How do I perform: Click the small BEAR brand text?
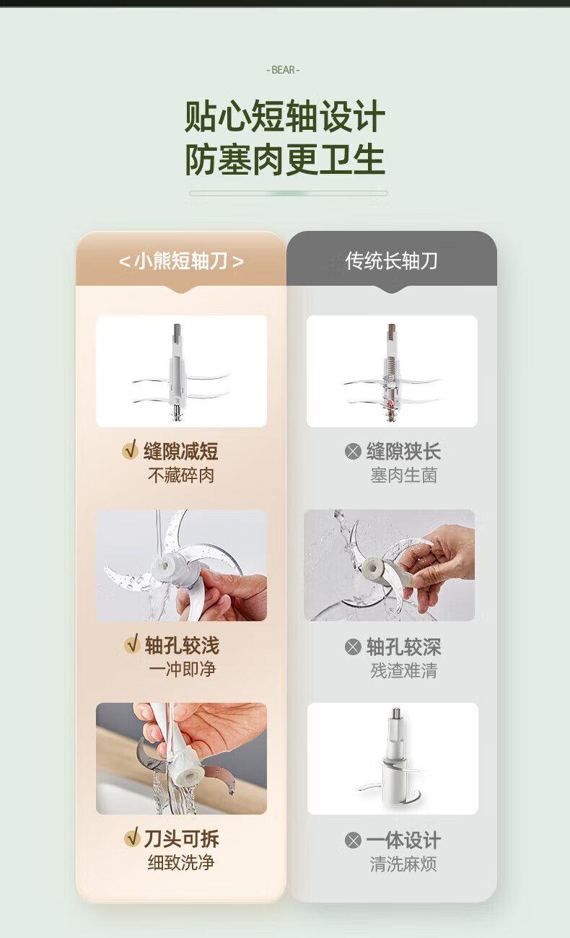click(x=283, y=70)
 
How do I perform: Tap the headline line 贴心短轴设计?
click(x=285, y=116)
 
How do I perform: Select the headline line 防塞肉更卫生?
click(x=285, y=159)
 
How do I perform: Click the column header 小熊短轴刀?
click(x=181, y=261)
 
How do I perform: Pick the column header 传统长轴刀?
click(x=392, y=261)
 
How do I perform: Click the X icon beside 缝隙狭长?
click(x=353, y=452)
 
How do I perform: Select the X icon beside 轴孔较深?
click(x=353, y=646)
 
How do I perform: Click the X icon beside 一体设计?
click(x=353, y=841)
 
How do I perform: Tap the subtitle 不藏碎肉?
click(x=181, y=475)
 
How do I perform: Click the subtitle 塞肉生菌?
click(x=404, y=475)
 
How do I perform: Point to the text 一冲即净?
click(x=182, y=669)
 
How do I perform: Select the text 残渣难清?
click(x=404, y=671)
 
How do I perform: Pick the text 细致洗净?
click(x=181, y=863)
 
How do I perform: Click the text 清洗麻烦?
click(x=403, y=864)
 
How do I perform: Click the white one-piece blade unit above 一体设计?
click(x=392, y=760)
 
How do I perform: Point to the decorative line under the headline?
click(x=288, y=193)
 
